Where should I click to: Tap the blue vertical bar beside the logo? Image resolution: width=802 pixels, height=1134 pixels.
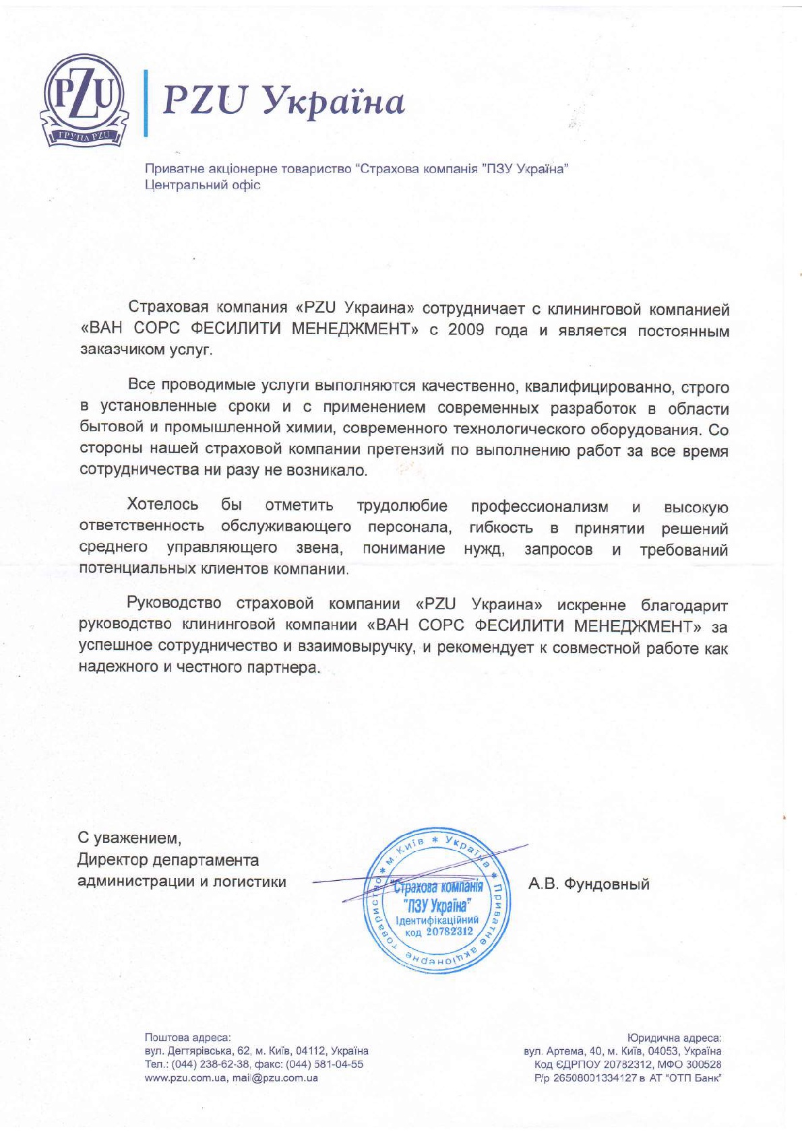pos(145,102)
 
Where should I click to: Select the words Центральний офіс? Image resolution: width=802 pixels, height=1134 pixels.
pos(203,185)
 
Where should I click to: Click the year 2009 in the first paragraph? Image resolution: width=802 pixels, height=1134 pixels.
pos(466,330)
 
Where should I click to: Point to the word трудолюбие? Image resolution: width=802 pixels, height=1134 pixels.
pos(402,506)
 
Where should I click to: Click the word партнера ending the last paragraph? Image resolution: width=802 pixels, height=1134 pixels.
pos(284,667)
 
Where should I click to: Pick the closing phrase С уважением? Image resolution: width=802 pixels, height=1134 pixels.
pos(129,838)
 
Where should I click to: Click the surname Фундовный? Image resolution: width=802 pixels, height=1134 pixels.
pos(607,884)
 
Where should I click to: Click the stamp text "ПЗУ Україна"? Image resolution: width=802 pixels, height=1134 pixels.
pos(437,904)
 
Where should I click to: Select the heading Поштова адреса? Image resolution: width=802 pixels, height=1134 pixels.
pos(187,1038)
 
